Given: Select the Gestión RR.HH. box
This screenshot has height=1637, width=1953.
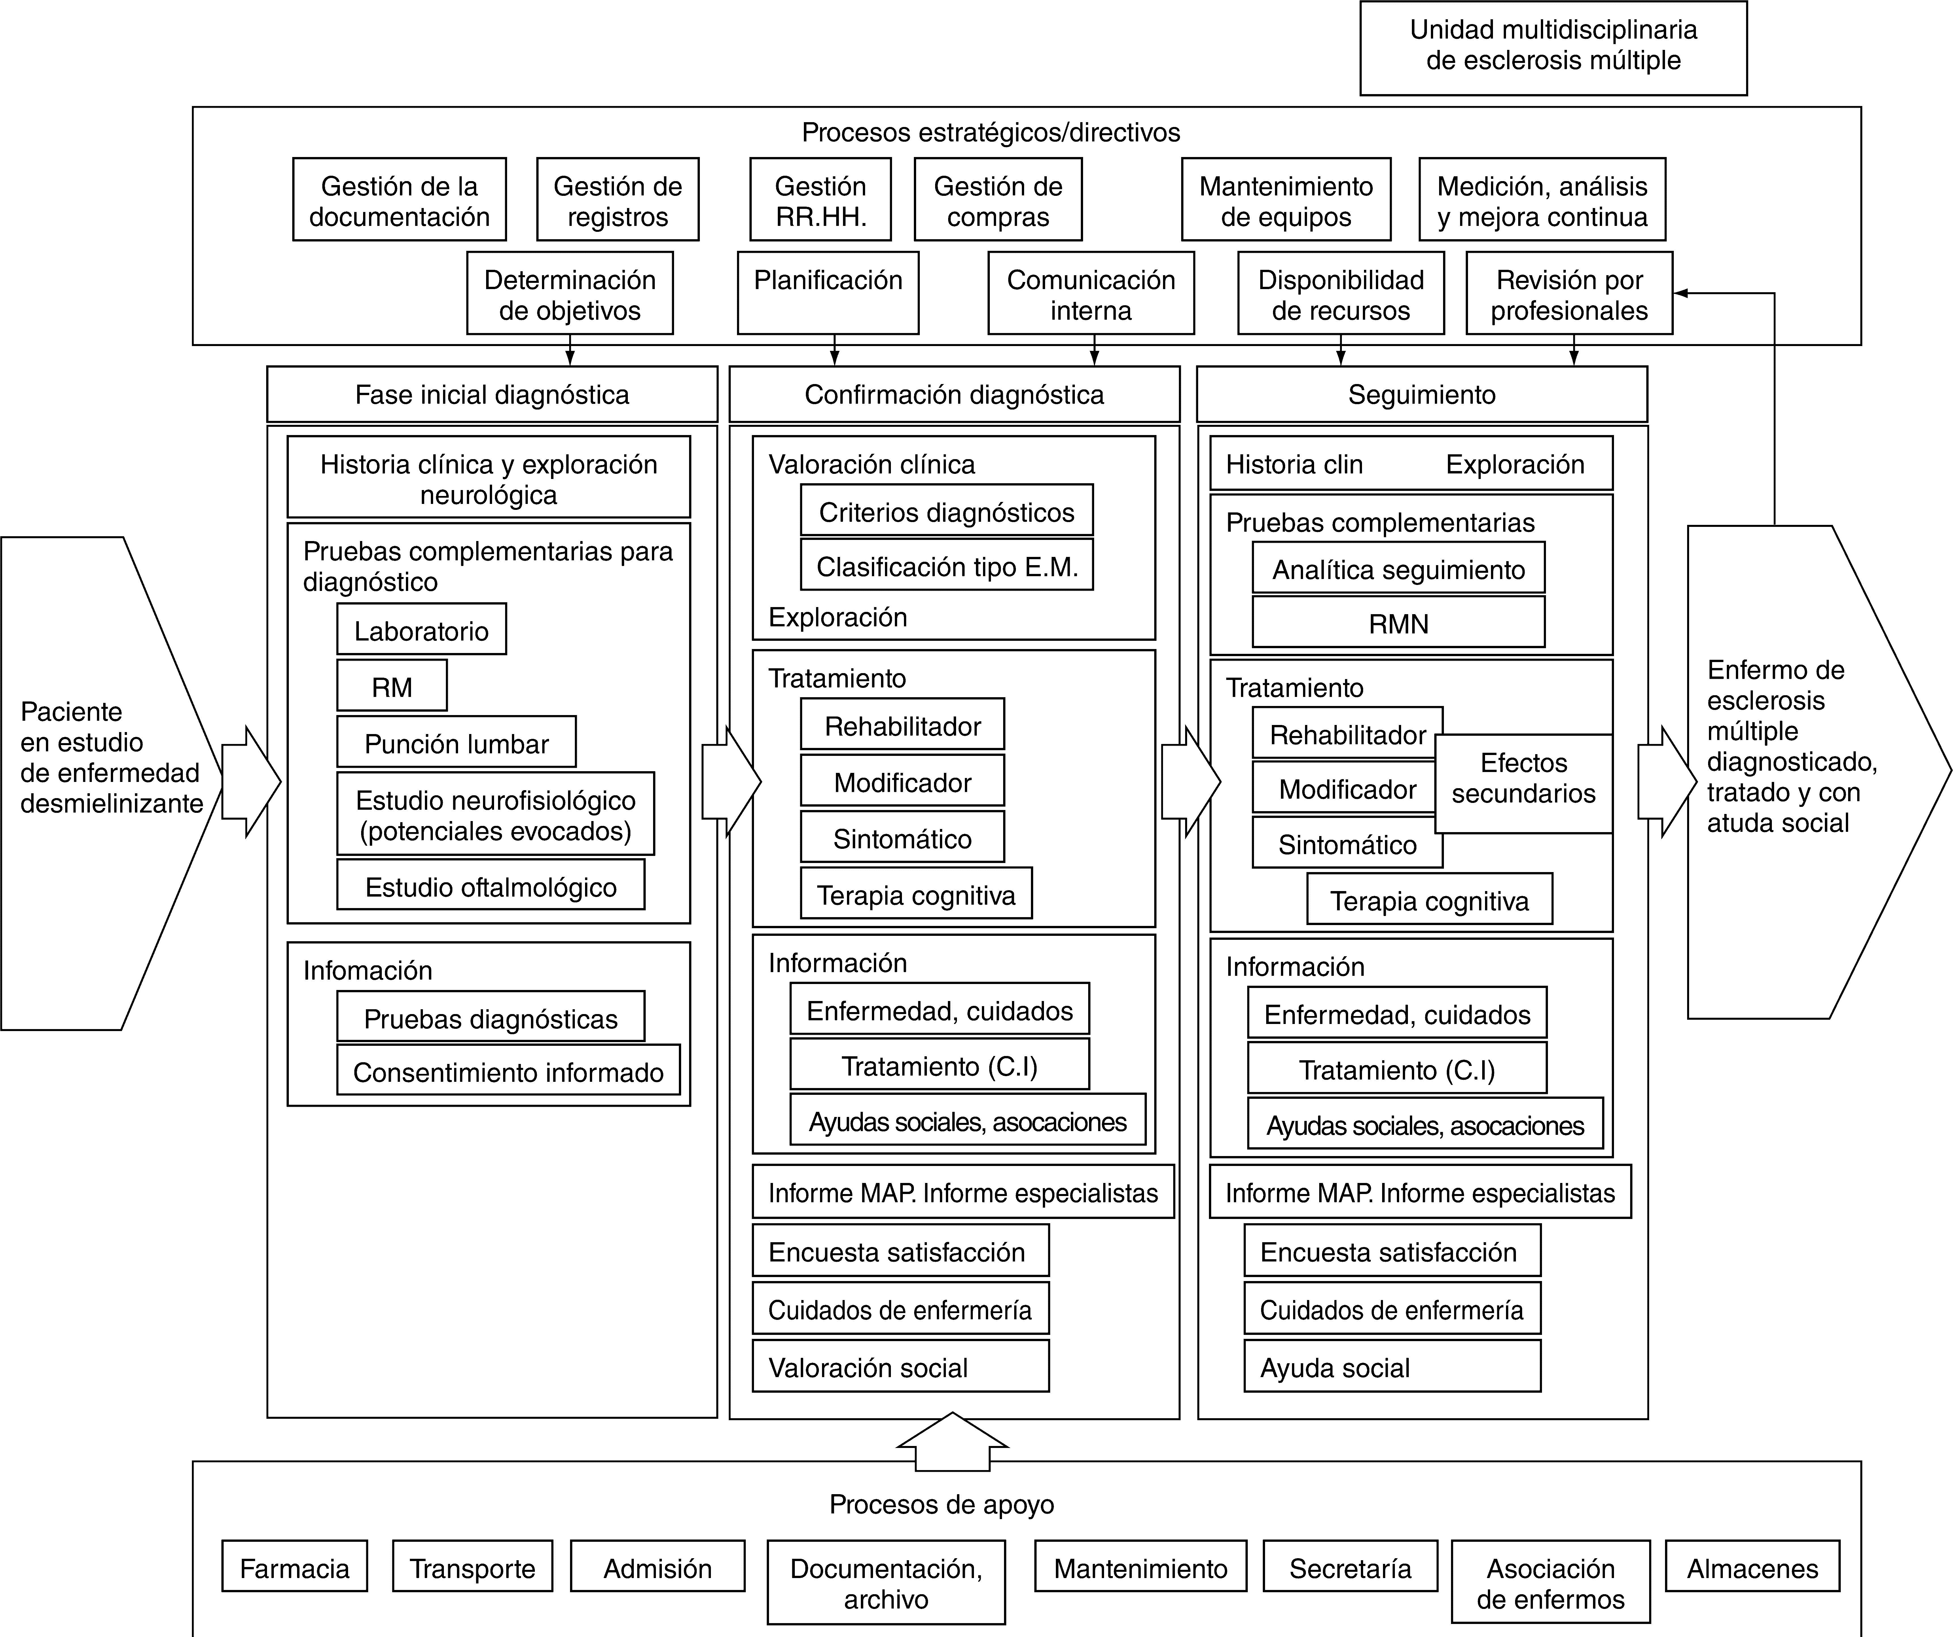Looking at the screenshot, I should [820, 200].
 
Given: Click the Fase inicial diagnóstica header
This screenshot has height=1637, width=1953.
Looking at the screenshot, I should [492, 394].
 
